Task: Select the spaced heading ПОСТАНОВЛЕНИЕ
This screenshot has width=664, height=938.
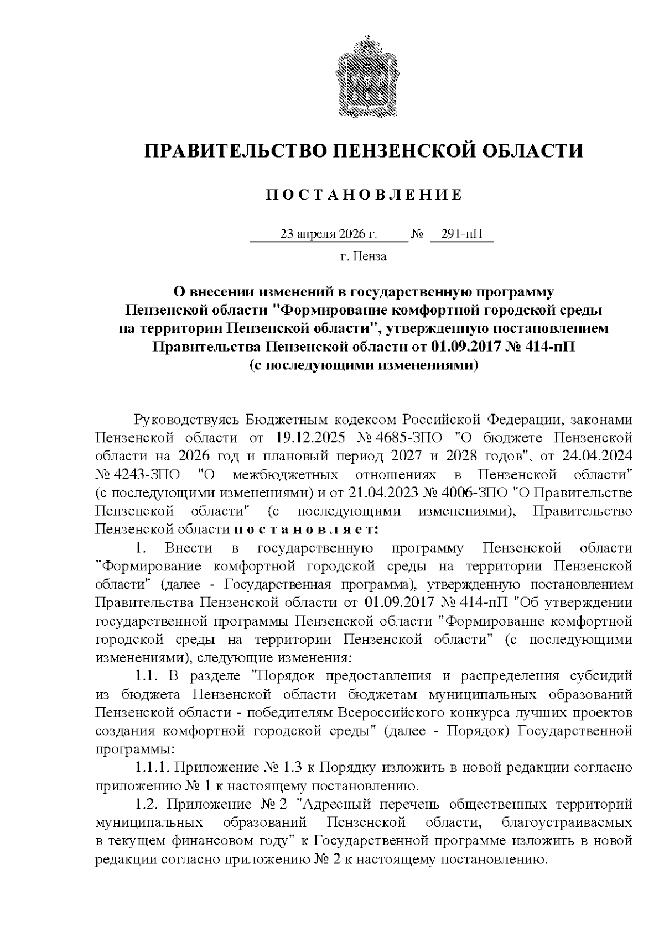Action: [x=364, y=195]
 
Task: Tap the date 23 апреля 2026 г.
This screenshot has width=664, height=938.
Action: [x=329, y=234]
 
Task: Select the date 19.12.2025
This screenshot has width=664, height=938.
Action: [x=310, y=438]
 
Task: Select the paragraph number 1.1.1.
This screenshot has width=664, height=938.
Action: [x=153, y=767]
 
